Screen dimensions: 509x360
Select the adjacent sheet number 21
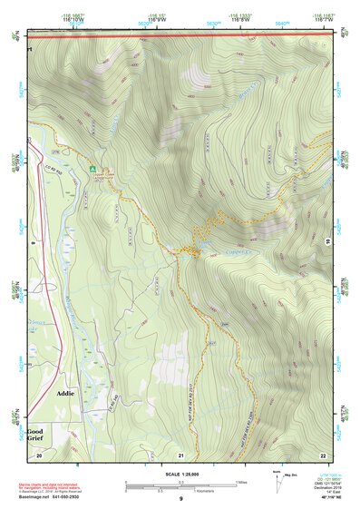pyautogui.click(x=181, y=454)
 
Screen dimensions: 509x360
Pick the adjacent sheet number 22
pyautogui.click(x=322, y=454)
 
